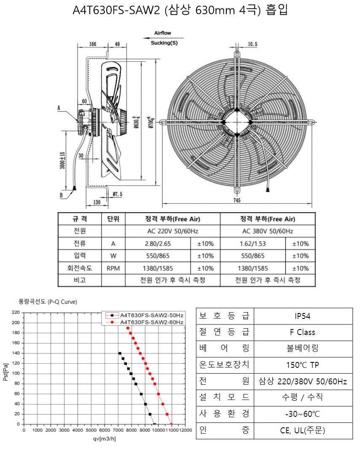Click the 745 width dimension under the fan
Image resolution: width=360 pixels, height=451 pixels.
[x=237, y=200]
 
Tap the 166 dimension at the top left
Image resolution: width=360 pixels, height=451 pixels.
[x=92, y=44]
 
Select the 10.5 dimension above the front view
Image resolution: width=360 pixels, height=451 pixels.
[x=253, y=44]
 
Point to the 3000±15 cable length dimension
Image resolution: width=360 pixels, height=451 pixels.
[x=62, y=160]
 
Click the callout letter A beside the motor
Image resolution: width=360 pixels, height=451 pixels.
[x=59, y=108]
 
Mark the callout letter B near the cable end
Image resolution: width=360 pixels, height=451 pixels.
[x=61, y=195]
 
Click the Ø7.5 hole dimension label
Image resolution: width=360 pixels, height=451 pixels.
[x=118, y=194]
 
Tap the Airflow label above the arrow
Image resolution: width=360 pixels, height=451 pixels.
[x=163, y=33]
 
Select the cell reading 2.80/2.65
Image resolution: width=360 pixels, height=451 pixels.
[x=158, y=244]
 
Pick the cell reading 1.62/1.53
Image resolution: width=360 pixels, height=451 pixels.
[x=253, y=244]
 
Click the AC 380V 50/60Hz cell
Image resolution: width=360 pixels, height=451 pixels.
[x=268, y=231]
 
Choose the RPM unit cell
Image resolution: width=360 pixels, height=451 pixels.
[x=113, y=268]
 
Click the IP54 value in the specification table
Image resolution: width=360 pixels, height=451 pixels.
[x=303, y=316]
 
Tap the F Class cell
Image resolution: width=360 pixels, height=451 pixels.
[x=303, y=332]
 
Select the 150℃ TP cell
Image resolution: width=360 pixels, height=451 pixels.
[x=303, y=365]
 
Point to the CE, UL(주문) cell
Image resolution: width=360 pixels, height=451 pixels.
[x=303, y=430]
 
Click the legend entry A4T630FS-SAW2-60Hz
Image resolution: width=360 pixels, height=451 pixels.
[x=152, y=322]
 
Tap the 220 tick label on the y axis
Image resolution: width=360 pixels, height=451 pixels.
[x=16, y=312]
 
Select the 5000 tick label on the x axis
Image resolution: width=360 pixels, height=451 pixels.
[x=91, y=430]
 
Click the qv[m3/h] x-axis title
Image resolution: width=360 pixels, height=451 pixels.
[x=104, y=439]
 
